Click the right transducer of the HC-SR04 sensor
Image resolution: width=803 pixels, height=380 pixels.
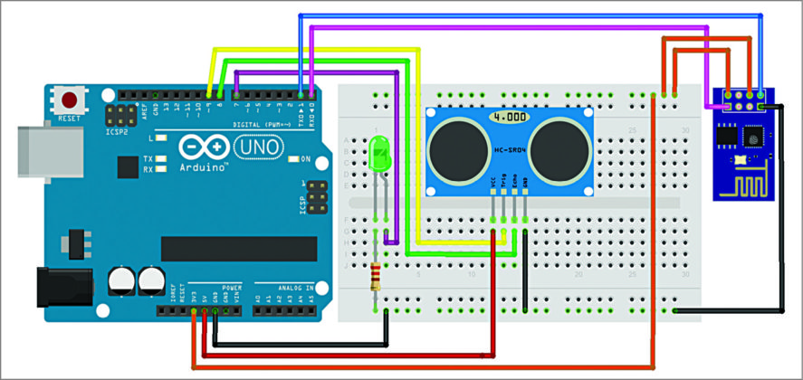[x=557, y=148]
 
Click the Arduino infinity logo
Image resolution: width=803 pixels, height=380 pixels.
[x=200, y=147]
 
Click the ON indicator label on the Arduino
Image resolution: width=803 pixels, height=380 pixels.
[x=305, y=159]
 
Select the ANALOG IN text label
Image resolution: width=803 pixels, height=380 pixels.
[x=283, y=286]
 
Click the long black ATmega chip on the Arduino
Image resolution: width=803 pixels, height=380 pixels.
[x=239, y=249]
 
